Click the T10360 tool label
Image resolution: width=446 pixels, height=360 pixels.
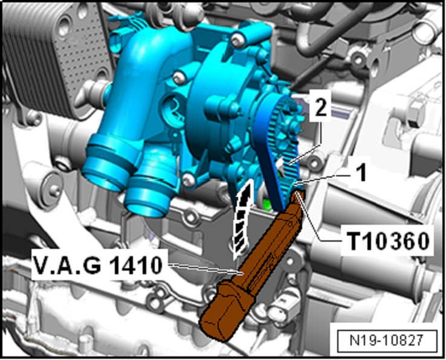coord(388,241)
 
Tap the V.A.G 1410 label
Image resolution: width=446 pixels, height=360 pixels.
coord(98,266)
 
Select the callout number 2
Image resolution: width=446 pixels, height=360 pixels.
coord(321,107)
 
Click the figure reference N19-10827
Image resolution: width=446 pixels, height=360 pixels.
coord(387,340)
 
